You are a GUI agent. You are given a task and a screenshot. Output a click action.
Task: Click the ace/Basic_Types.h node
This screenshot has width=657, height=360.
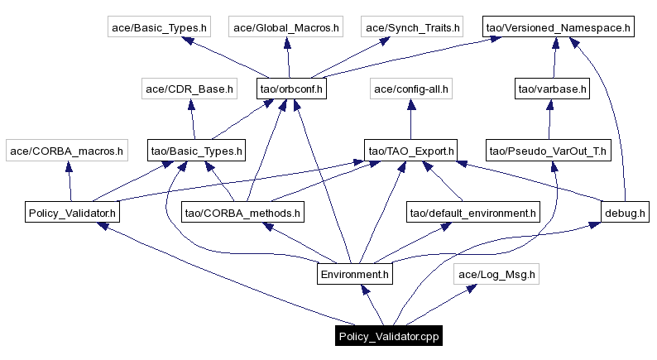coord(160,27)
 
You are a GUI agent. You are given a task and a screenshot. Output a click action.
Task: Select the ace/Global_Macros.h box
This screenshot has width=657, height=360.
coord(286,27)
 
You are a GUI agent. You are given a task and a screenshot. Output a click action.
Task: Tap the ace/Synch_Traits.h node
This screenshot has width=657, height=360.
coord(411,27)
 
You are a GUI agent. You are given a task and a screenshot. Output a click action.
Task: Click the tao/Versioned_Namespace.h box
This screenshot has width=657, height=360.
coord(559,27)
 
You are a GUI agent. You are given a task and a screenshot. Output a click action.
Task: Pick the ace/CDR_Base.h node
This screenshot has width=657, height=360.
coord(189,89)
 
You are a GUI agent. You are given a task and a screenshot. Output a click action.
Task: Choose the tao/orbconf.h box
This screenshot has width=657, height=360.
coord(291,89)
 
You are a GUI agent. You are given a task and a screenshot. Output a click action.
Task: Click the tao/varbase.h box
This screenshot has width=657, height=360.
coord(552,89)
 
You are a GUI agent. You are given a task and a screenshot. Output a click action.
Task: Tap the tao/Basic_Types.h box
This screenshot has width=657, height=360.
coord(196,151)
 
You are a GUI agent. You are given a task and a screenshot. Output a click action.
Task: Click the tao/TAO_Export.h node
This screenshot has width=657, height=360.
coord(411,151)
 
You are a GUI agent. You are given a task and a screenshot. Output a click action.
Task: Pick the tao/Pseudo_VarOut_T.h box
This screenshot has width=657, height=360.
coord(548,151)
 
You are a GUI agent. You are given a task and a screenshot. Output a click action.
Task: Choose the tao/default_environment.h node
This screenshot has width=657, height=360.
coord(472,213)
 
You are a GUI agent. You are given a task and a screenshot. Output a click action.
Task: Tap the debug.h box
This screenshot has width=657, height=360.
coord(623,213)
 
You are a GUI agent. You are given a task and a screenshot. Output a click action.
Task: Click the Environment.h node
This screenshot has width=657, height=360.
coord(354,273)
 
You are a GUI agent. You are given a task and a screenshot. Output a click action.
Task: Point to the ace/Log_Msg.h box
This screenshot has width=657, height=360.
coord(496,273)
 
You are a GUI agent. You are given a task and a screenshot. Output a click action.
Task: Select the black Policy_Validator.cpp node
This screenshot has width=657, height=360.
coord(388,336)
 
